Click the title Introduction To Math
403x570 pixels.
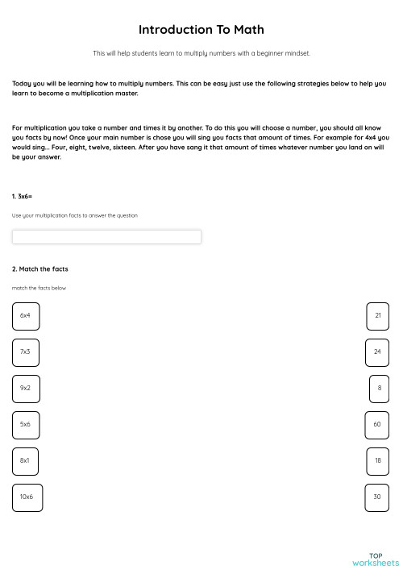point(201,30)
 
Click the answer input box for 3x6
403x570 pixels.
point(106,237)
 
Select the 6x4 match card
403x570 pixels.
point(26,316)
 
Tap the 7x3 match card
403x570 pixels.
point(26,352)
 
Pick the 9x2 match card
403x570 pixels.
point(26,389)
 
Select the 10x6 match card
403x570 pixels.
point(27,497)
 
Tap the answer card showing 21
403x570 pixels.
point(377,316)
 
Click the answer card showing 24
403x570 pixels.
point(377,352)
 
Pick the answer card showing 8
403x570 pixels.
point(379,389)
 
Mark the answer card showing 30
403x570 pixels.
point(377,497)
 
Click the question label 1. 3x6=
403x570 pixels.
point(23,197)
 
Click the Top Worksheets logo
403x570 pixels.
point(376,558)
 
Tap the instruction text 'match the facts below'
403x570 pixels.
point(39,288)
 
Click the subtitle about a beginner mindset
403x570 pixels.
point(201,54)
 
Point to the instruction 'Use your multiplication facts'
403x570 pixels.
point(75,216)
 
